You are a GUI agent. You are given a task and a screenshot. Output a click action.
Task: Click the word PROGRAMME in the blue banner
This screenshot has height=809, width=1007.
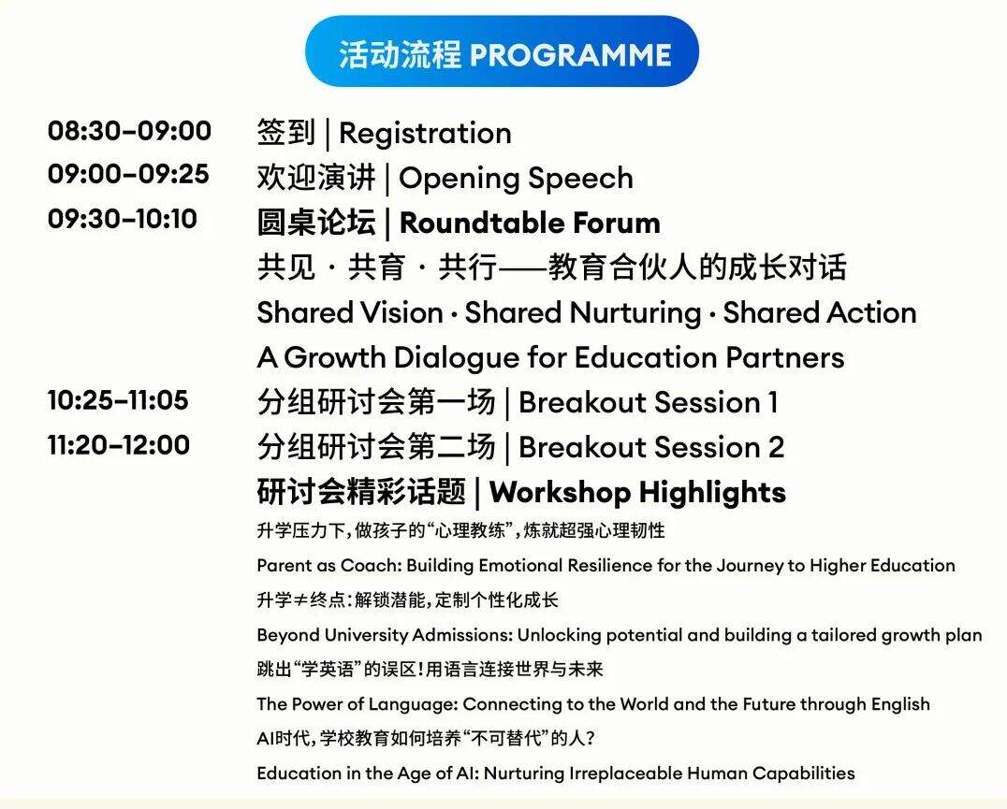click(571, 54)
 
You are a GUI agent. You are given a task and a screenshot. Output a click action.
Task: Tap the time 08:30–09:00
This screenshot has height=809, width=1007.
click(130, 131)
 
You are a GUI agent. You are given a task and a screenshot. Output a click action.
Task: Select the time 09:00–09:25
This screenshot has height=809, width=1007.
click(128, 175)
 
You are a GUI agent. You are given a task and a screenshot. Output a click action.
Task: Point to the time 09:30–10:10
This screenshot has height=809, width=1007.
click(123, 219)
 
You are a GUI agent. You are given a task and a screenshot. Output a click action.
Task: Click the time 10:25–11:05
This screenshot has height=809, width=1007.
click(118, 400)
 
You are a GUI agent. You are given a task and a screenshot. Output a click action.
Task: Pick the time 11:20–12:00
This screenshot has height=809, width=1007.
click(119, 445)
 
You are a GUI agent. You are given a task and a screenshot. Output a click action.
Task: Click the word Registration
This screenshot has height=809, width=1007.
click(425, 135)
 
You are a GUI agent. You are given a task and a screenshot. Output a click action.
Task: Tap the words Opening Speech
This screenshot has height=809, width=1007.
click(516, 180)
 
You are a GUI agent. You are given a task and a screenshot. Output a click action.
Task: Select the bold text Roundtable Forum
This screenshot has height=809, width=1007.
click(530, 224)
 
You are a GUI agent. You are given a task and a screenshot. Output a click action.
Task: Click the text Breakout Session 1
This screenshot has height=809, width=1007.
click(648, 403)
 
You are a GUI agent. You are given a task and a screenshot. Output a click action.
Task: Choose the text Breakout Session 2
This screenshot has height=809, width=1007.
click(651, 448)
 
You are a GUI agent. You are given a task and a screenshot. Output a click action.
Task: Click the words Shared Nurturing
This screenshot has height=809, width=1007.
click(583, 313)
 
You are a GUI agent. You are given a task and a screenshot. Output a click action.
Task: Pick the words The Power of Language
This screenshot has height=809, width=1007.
click(358, 704)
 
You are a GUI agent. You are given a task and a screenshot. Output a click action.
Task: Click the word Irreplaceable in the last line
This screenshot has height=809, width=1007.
click(625, 773)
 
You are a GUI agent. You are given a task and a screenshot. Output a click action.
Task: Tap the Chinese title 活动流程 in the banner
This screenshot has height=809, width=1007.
click(401, 54)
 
